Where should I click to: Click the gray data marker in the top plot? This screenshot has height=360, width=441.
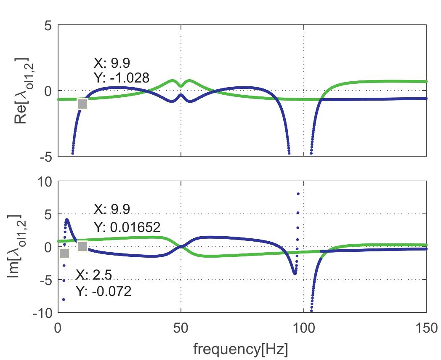[x=82, y=104]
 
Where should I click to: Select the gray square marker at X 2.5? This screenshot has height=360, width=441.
[x=64, y=253]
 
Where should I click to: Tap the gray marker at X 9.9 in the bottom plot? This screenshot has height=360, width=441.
[x=82, y=246]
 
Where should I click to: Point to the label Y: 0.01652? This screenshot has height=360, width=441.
[x=127, y=227]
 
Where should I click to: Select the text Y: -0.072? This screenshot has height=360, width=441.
[x=104, y=291]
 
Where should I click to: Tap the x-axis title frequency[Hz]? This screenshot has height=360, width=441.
[x=242, y=349]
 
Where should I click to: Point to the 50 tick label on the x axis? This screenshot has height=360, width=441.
[x=181, y=327]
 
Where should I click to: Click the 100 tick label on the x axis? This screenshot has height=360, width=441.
[x=303, y=327]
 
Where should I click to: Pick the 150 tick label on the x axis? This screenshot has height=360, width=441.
[x=426, y=327]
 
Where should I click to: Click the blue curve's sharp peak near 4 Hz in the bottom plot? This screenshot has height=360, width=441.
[x=67, y=220]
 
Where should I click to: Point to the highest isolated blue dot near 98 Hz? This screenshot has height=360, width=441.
[x=298, y=194]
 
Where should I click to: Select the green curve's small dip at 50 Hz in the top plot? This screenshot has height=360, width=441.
[x=181, y=85]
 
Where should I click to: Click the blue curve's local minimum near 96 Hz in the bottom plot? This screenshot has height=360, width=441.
[x=295, y=273]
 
